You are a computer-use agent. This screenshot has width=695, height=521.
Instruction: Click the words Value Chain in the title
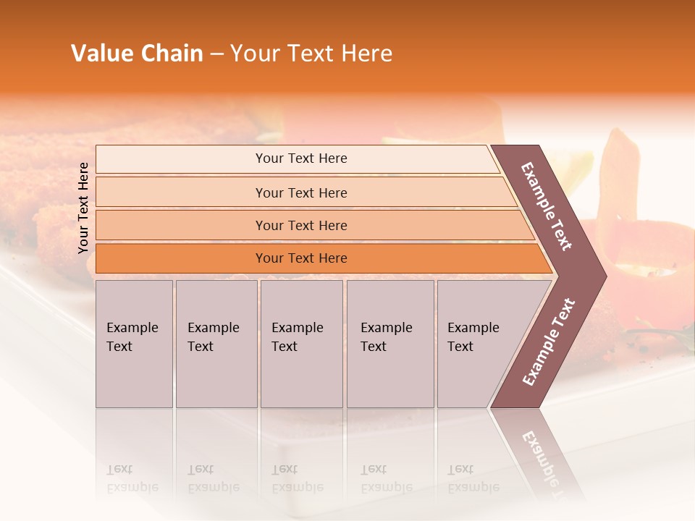pyautogui.click(x=137, y=54)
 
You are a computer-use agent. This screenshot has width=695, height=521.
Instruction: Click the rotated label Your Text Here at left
pyautogui.click(x=83, y=208)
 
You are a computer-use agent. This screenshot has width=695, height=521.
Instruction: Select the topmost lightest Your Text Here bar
pyautogui.click(x=300, y=158)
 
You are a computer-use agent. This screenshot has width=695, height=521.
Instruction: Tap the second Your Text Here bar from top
pyautogui.click(x=300, y=192)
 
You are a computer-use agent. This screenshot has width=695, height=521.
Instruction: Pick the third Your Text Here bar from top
pyautogui.click(x=300, y=226)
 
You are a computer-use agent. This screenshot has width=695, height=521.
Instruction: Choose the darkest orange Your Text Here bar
pyautogui.click(x=300, y=258)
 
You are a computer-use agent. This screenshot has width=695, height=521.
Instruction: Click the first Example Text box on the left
pyautogui.click(x=134, y=344)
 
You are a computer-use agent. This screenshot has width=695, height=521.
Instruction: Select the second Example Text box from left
pyautogui.click(x=216, y=344)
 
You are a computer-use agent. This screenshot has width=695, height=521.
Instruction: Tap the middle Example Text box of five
pyautogui.click(x=301, y=344)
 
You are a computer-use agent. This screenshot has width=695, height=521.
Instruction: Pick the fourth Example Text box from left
pyautogui.click(x=389, y=344)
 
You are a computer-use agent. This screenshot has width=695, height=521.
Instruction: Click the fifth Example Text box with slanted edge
pyautogui.click(x=478, y=344)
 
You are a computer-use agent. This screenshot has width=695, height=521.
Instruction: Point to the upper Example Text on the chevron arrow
pyautogui.click(x=547, y=206)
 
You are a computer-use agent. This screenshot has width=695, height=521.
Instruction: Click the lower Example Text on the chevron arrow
pyautogui.click(x=549, y=342)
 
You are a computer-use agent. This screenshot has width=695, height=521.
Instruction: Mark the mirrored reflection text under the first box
pyautogui.click(x=132, y=478)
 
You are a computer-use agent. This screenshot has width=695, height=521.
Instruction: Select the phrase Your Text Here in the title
pyautogui.click(x=311, y=54)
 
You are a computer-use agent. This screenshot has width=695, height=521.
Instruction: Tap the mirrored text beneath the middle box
pyautogui.click(x=297, y=478)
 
